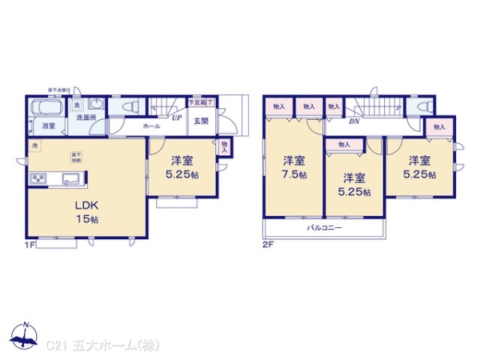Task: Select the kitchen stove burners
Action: point(38,178)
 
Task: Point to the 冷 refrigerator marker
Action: point(35,146)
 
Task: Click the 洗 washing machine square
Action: point(78,106)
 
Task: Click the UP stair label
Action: point(175,118)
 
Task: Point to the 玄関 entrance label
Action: point(200,121)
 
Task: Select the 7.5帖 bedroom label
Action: point(294,167)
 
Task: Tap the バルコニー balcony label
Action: point(325,228)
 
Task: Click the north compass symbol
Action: point(26,337)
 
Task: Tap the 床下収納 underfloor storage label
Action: point(74,156)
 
